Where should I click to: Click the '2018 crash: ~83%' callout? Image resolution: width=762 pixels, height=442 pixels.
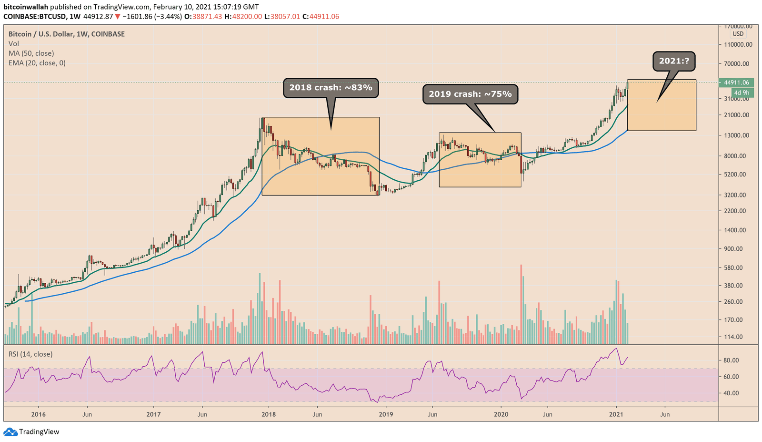(x=331, y=88)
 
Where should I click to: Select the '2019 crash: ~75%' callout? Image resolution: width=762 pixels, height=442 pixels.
(x=470, y=94)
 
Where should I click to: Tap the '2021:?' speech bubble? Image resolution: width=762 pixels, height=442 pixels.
(x=673, y=61)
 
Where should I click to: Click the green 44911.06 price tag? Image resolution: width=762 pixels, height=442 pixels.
(x=736, y=82)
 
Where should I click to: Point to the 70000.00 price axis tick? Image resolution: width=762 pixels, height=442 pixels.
(x=736, y=63)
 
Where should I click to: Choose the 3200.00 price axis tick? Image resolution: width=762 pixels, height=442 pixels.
(x=736, y=195)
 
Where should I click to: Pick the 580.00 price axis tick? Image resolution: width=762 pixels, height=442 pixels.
(x=736, y=267)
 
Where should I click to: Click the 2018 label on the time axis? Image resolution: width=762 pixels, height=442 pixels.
(x=269, y=414)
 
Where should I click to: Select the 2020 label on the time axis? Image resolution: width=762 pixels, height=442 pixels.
(x=501, y=414)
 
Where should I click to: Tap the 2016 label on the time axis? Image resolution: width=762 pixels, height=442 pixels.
(x=38, y=414)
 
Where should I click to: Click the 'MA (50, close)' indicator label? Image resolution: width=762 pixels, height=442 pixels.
(x=31, y=53)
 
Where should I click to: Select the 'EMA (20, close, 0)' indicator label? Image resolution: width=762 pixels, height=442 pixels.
(x=37, y=63)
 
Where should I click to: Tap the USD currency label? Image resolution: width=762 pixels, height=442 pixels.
(x=738, y=34)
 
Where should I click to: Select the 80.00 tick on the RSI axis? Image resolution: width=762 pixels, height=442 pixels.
(x=731, y=360)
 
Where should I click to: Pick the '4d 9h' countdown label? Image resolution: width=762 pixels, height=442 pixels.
(x=741, y=93)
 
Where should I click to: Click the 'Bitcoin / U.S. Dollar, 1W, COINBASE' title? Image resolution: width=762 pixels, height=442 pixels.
(x=67, y=34)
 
